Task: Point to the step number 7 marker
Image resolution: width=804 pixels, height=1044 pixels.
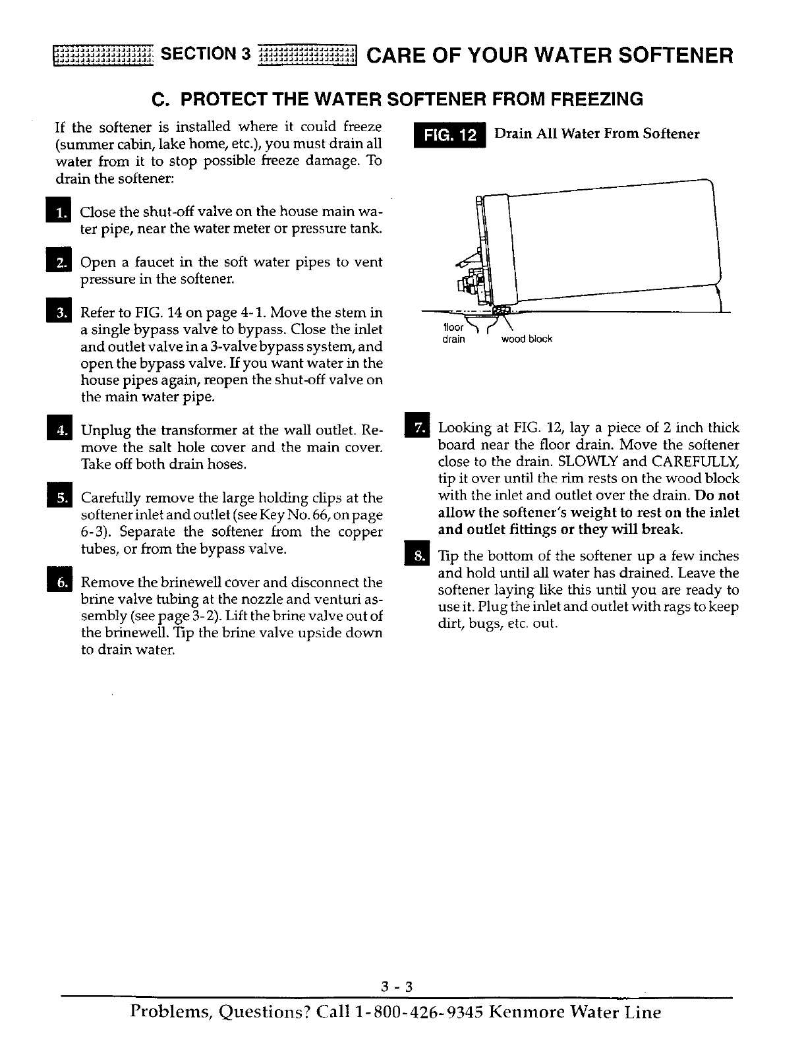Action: pos(420,428)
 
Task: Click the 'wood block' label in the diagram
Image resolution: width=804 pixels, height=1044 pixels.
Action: pos(527,339)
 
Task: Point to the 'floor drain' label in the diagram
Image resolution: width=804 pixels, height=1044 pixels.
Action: pos(453,333)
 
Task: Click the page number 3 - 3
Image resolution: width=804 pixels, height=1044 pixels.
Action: pos(397,987)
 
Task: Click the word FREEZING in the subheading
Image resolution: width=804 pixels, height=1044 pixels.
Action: pos(596,100)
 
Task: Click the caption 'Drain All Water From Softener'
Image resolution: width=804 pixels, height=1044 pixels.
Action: pos(596,134)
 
